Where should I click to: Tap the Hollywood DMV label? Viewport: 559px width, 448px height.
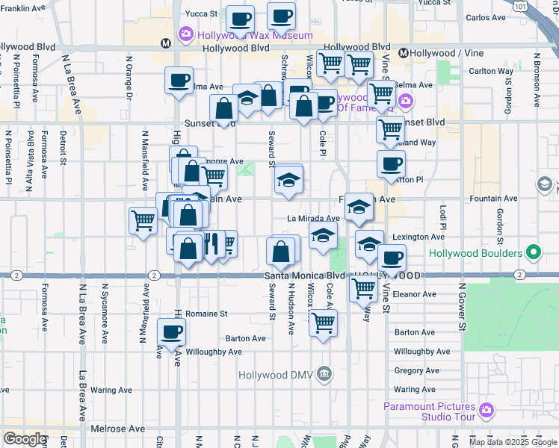(x=279, y=374)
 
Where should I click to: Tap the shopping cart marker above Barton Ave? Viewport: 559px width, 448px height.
(x=323, y=323)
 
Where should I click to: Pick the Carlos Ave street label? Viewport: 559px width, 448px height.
(x=486, y=17)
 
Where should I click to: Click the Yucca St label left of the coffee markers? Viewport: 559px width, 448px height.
(x=201, y=13)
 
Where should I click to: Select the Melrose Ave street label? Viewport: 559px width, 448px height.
(x=117, y=429)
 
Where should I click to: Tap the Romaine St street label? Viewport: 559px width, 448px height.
(x=206, y=314)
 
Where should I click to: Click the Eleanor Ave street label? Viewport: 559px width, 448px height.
(x=414, y=294)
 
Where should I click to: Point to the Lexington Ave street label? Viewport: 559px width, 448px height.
(x=419, y=237)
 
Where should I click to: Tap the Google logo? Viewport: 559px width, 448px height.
(x=25, y=439)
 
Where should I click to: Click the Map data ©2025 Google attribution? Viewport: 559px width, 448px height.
(x=512, y=442)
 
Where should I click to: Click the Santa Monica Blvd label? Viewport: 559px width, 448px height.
(x=305, y=276)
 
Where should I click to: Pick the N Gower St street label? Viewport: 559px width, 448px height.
(x=462, y=307)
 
